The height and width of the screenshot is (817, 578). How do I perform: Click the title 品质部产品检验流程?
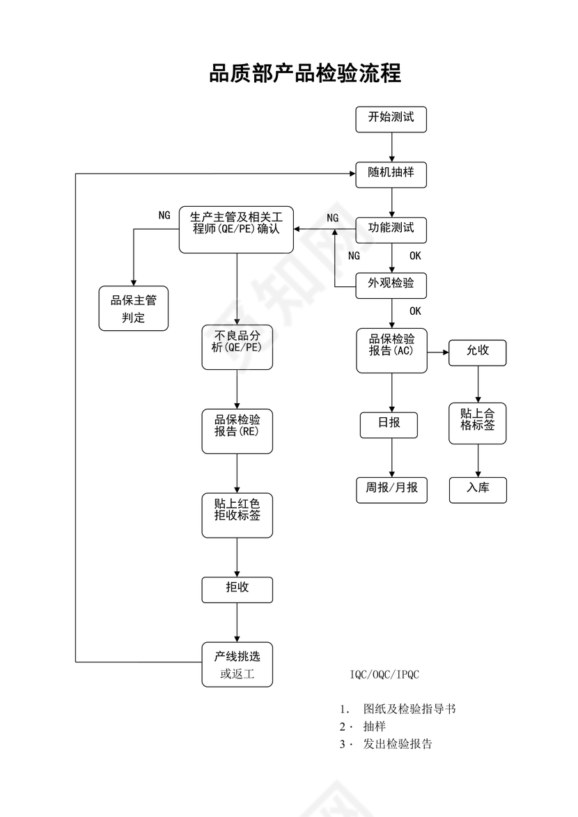(305, 73)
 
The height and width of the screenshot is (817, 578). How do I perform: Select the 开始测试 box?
(391, 118)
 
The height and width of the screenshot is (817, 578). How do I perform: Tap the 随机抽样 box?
(391, 173)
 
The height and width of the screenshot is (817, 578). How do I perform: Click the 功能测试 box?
(391, 229)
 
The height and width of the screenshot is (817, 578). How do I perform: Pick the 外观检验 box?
(391, 285)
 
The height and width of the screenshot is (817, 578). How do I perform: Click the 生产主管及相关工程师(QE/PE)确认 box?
(237, 229)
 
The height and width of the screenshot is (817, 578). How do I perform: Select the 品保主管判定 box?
(134, 309)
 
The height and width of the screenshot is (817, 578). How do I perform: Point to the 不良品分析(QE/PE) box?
(237, 347)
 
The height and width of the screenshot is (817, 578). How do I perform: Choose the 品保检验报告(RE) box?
(237, 431)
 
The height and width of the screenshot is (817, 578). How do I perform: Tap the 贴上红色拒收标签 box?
(237, 515)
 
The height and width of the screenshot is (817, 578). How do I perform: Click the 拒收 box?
(237, 589)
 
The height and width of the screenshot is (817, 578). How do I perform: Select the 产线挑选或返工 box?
(237, 664)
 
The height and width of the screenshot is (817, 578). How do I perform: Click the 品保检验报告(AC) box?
(391, 350)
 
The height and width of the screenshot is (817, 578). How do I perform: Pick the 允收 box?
(478, 352)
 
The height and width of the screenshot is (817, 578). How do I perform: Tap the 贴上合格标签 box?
(478, 423)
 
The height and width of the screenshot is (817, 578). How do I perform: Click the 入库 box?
(478, 490)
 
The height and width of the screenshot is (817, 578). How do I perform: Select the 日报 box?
(389, 425)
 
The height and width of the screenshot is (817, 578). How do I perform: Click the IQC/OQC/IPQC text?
(384, 675)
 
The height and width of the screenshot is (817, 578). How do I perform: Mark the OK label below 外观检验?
(415, 311)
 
